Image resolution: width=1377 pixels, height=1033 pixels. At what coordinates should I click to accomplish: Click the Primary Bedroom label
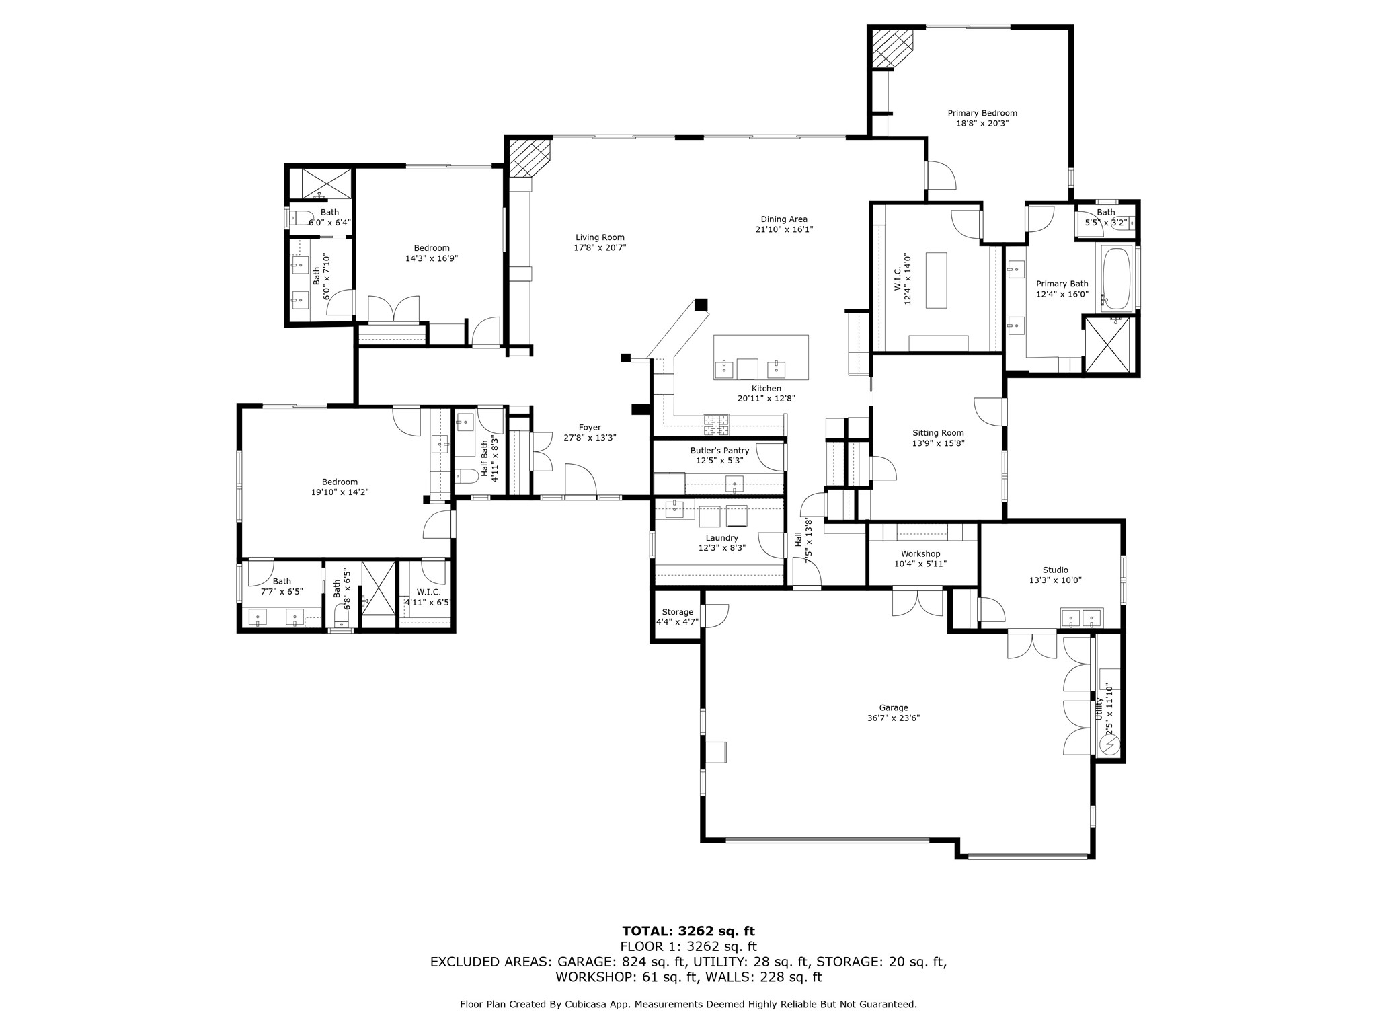982,113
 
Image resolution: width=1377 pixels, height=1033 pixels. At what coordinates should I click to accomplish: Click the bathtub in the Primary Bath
1116,278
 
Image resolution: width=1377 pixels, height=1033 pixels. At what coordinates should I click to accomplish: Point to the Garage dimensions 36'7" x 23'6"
894,718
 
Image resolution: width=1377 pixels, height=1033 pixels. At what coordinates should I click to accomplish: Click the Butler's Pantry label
719,451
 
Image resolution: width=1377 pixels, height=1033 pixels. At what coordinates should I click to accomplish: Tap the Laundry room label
722,538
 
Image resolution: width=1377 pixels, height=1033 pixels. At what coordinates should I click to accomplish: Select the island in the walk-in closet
936,280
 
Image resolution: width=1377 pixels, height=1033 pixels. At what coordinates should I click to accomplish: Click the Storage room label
677,612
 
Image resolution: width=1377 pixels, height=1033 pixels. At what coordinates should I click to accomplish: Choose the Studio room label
1056,570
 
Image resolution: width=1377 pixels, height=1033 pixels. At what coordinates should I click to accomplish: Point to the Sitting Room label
938,433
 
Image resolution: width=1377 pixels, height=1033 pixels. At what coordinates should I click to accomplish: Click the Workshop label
920,553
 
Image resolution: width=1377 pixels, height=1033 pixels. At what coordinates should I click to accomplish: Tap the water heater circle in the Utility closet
1109,745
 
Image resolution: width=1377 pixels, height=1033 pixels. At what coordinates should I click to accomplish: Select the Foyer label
590,428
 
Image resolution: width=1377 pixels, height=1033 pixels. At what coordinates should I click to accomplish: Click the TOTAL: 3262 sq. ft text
688,931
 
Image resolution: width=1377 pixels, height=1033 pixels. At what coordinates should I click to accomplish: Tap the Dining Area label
784,219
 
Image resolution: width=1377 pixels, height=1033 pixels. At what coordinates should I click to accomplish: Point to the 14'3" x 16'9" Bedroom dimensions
432,258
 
